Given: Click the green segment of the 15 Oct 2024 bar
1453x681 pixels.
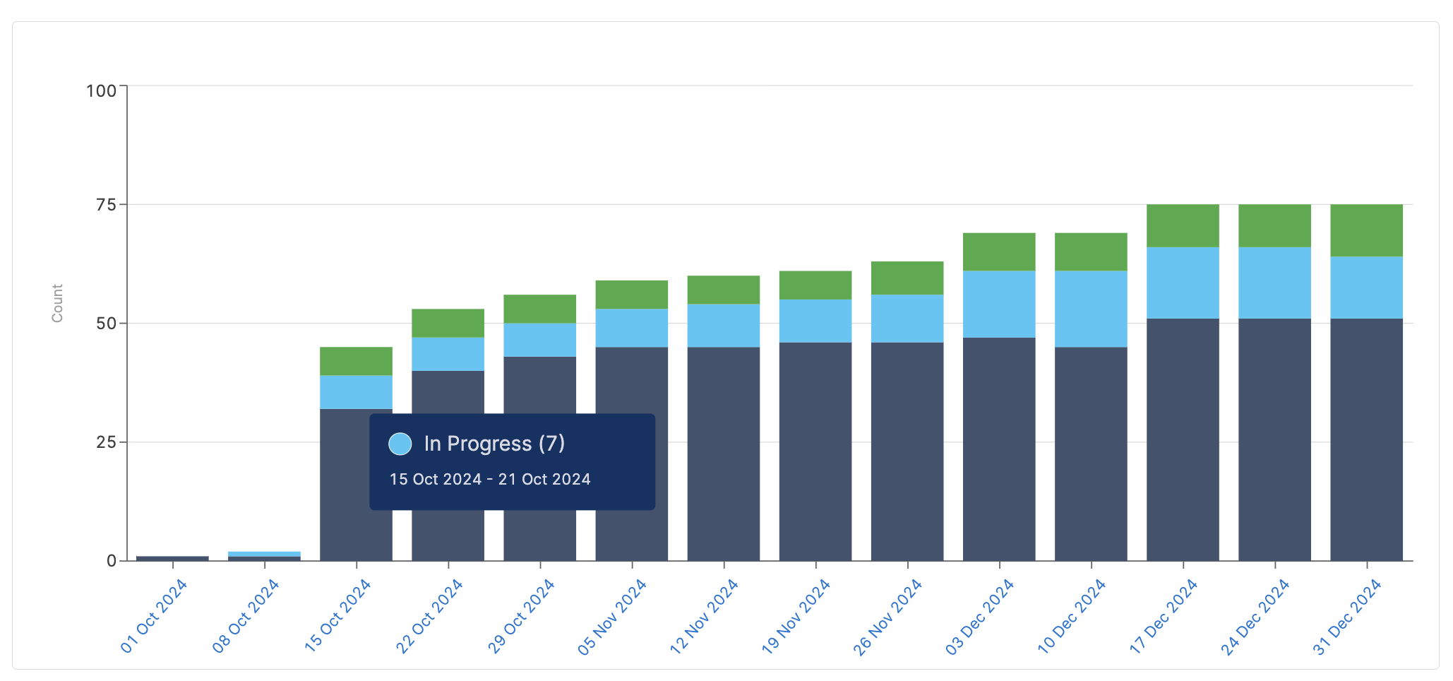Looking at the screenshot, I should (x=356, y=361).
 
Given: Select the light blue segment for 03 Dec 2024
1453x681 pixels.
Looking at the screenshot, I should (x=999, y=304).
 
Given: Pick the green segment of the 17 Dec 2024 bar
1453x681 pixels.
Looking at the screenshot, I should (x=1183, y=225).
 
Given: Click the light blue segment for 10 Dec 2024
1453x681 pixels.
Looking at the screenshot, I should (x=1091, y=309).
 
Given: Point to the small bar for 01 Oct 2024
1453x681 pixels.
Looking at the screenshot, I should (x=172, y=558).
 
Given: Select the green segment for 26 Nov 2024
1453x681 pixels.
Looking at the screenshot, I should (x=907, y=278).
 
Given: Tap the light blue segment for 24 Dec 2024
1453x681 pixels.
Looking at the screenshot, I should (x=1274, y=283).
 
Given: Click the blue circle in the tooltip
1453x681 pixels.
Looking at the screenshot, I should (x=400, y=444).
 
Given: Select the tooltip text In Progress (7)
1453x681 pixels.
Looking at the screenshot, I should (x=494, y=444).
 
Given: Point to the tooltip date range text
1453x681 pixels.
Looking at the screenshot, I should (x=490, y=480).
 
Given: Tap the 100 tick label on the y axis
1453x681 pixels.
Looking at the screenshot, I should (x=102, y=91).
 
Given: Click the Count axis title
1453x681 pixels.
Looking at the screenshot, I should (x=57, y=304).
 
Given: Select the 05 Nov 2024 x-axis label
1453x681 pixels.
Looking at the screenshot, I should (x=612, y=617).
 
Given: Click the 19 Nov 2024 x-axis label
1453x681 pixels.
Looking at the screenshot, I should (x=796, y=617).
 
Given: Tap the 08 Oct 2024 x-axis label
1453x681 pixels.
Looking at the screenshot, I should (x=246, y=617).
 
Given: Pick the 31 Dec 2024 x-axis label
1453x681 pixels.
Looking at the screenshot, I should (x=1347, y=617).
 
